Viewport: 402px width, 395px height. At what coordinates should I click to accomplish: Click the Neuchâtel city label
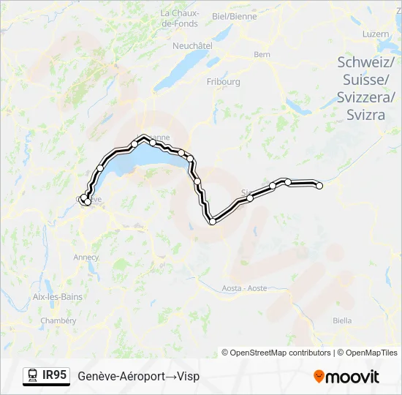(x=192, y=45)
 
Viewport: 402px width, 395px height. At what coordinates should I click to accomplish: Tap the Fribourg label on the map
(x=224, y=82)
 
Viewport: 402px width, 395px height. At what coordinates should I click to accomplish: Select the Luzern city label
(x=376, y=34)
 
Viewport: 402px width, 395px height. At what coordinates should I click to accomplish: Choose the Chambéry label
(x=58, y=320)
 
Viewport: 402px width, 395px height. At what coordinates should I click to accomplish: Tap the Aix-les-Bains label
(x=58, y=296)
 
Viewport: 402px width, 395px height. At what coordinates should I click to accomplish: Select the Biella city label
(x=342, y=320)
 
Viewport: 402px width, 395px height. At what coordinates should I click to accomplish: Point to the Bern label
(x=262, y=54)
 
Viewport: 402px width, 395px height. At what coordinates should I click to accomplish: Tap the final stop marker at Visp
(x=319, y=185)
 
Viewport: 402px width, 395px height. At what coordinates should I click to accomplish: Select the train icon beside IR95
(x=33, y=376)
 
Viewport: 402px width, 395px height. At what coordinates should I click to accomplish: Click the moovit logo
(x=346, y=377)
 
